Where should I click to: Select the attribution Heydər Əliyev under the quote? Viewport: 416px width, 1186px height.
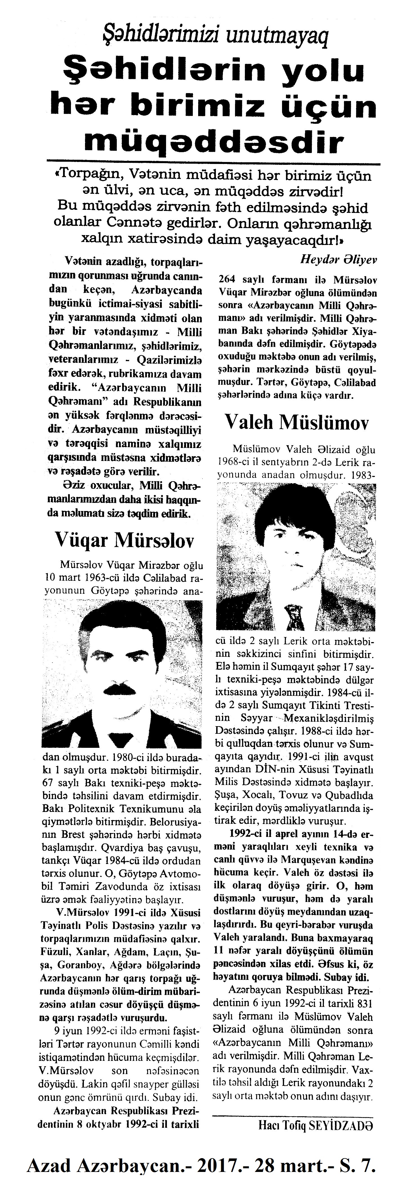(339, 259)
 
